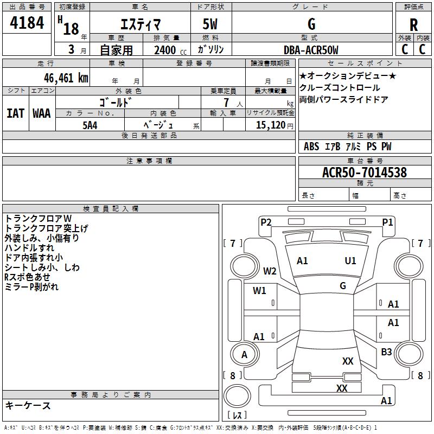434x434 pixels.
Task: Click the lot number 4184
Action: point(27,23)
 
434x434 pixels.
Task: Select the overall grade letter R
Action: point(413,25)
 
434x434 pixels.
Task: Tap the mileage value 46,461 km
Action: point(66,78)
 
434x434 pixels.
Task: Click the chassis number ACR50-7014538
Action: point(365,173)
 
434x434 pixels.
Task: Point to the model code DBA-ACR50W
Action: point(311,50)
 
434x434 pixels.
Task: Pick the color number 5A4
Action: point(90,125)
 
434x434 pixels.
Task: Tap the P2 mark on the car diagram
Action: point(266,222)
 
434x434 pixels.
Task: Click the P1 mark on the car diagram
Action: point(387,222)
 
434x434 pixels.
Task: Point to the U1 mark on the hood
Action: point(350,261)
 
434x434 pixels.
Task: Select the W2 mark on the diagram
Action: point(270,271)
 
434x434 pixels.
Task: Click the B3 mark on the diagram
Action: point(386,352)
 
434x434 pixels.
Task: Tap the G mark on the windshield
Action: point(343,286)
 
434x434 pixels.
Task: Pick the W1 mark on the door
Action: point(259,291)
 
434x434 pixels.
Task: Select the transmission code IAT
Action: point(16,113)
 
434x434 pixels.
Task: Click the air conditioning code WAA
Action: point(42,113)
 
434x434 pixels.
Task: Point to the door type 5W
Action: point(210,24)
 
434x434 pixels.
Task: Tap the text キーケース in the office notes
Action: point(28,405)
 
